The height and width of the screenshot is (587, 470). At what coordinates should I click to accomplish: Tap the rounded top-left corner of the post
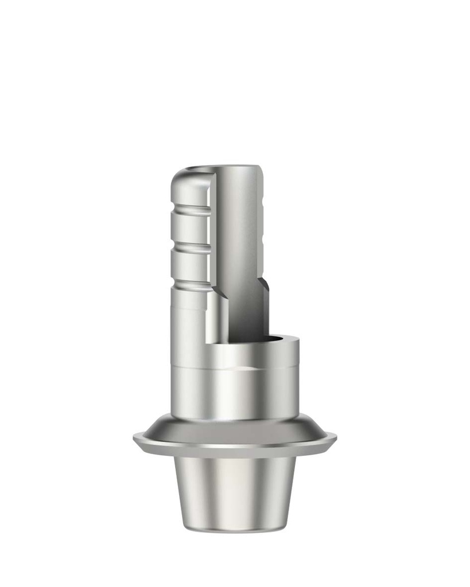179,175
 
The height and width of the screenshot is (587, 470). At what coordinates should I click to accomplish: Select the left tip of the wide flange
135,438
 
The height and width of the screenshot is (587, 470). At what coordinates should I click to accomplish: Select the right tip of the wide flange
335,438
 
